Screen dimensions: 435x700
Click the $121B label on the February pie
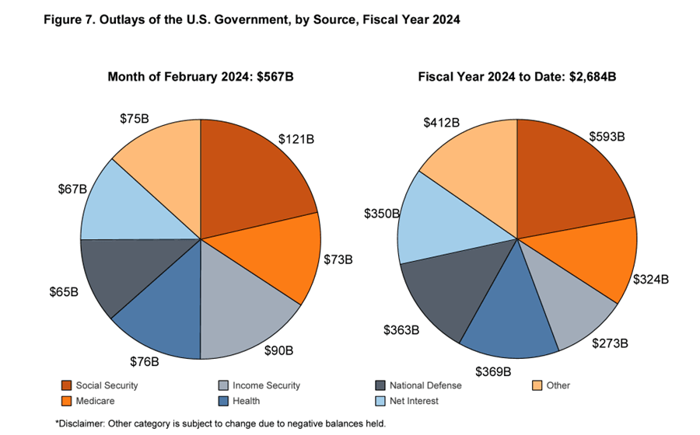pyautogui.click(x=296, y=140)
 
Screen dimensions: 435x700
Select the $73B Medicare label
pyautogui.click(x=338, y=259)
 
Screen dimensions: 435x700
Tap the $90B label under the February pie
pyautogui.click(x=279, y=350)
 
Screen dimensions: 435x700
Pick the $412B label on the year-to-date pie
pyautogui.click(x=442, y=122)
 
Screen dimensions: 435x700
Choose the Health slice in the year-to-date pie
pyautogui.click(x=509, y=315)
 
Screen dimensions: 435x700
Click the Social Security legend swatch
pyautogui.click(x=67, y=385)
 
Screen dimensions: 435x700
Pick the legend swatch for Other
pyautogui.click(x=536, y=385)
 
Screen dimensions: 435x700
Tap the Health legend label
pyautogui.click(x=246, y=401)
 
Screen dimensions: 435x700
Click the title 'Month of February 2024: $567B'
pyautogui.click(x=200, y=77)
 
